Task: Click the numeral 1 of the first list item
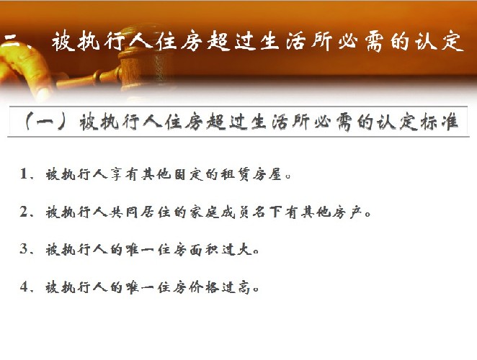point(24,174)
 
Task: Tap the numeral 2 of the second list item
point(24,212)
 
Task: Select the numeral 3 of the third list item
point(24,249)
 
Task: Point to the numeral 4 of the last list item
point(24,287)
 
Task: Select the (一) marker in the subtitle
point(46,122)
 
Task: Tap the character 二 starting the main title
point(12,40)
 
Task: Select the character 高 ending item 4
point(244,287)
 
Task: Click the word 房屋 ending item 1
point(267,174)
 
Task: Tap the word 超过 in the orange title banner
point(230,41)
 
